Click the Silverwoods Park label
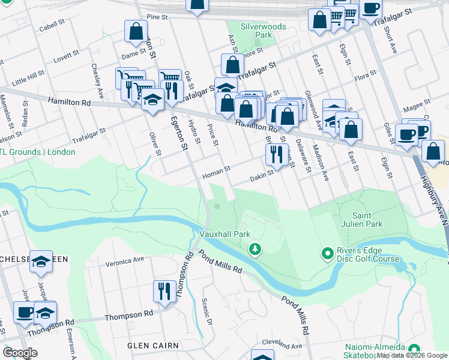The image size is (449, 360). click(x=256, y=31)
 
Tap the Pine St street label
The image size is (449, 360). click(x=157, y=17)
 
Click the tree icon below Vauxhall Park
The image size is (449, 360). click(x=256, y=248)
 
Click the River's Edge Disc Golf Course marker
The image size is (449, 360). click(x=327, y=254)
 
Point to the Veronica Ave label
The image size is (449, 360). click(x=125, y=260)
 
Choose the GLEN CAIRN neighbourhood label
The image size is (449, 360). click(x=153, y=346)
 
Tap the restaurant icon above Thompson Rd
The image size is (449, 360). click(x=164, y=292)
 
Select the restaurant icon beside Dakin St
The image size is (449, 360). click(x=277, y=154)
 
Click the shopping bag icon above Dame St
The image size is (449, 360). click(x=136, y=31)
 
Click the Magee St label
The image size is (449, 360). click(x=414, y=106)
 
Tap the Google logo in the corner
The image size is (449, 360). click(x=20, y=353)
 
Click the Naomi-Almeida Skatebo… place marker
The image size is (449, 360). click(x=413, y=349)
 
